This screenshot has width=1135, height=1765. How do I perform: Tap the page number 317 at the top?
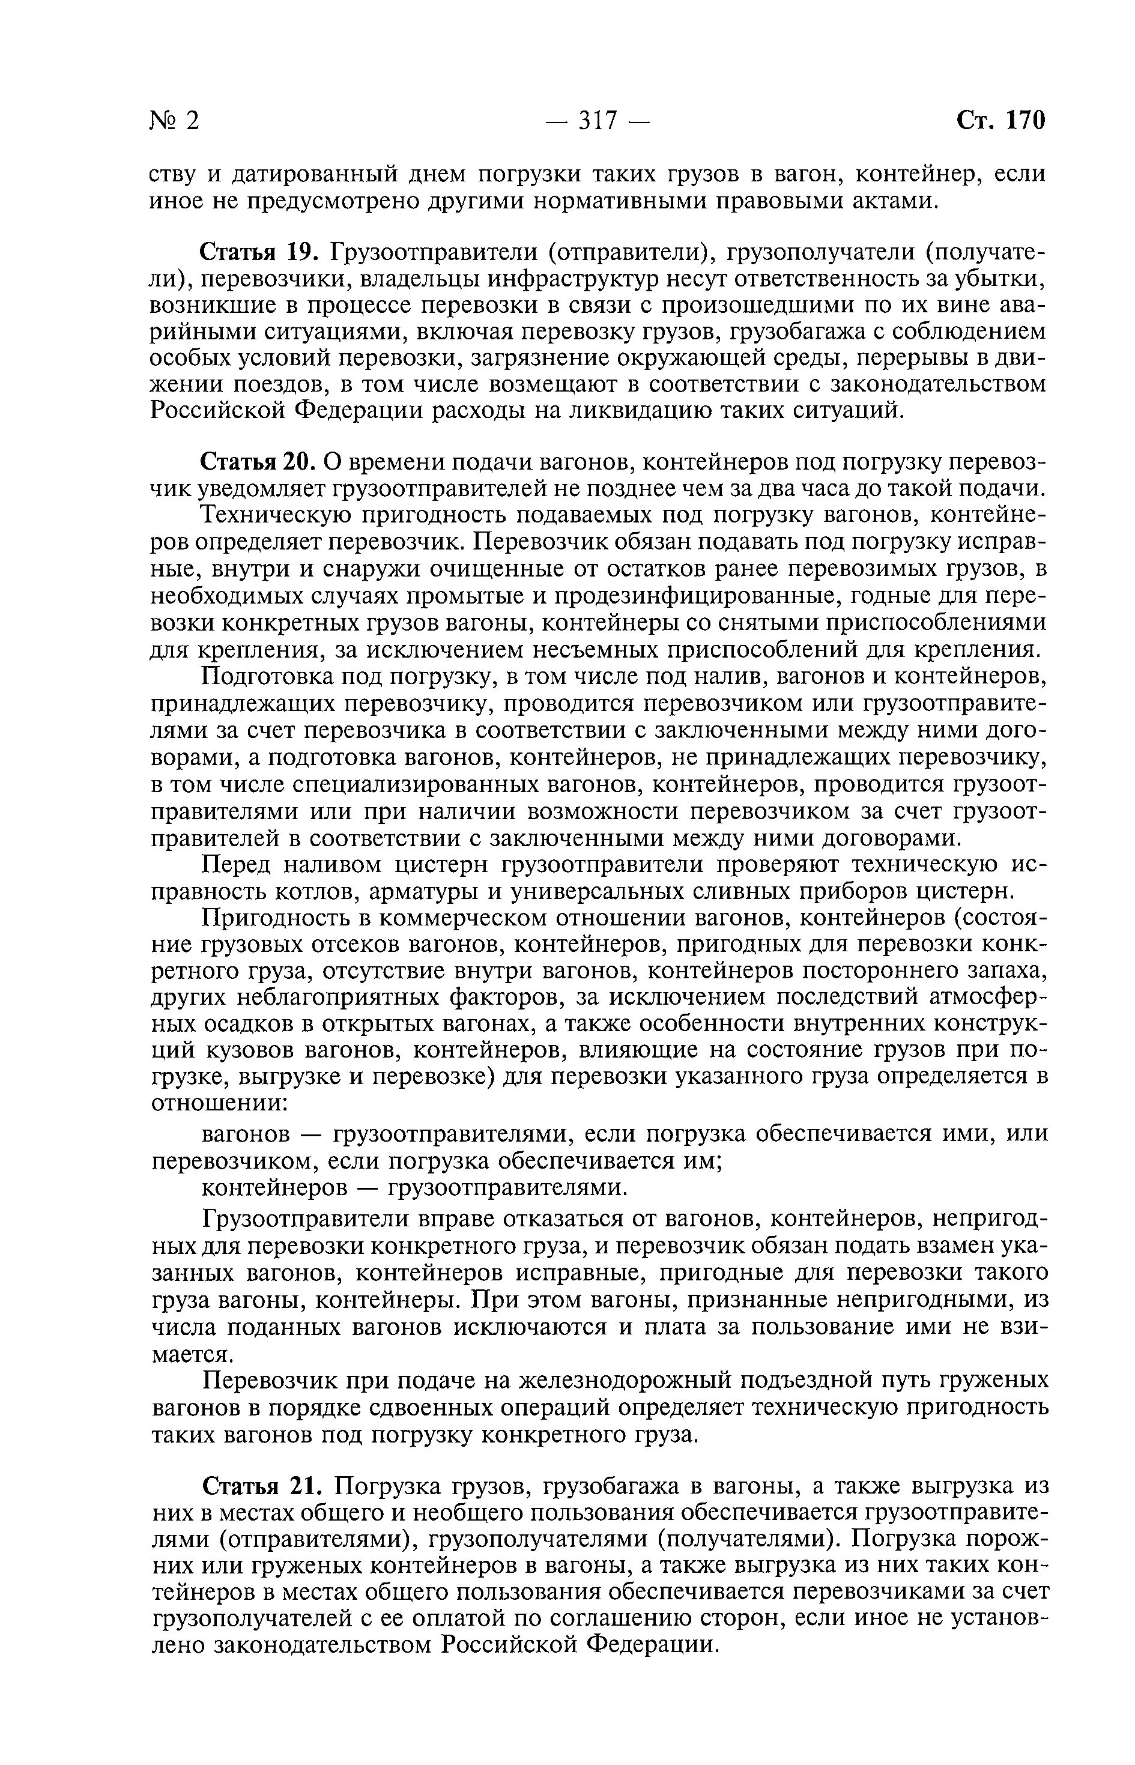(597, 120)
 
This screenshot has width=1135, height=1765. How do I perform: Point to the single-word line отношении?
(218, 1104)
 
